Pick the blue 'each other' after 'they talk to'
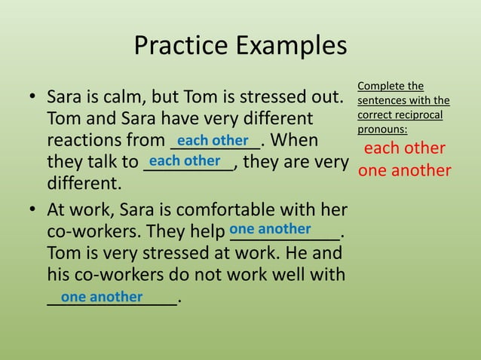pyautogui.click(x=185, y=161)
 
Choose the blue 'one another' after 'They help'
pyautogui.click(x=270, y=228)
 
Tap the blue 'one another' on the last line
pyautogui.click(x=102, y=297)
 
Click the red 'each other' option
pyautogui.click(x=405, y=148)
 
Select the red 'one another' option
pyautogui.click(x=405, y=171)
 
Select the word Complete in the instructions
pyautogui.click(x=380, y=86)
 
